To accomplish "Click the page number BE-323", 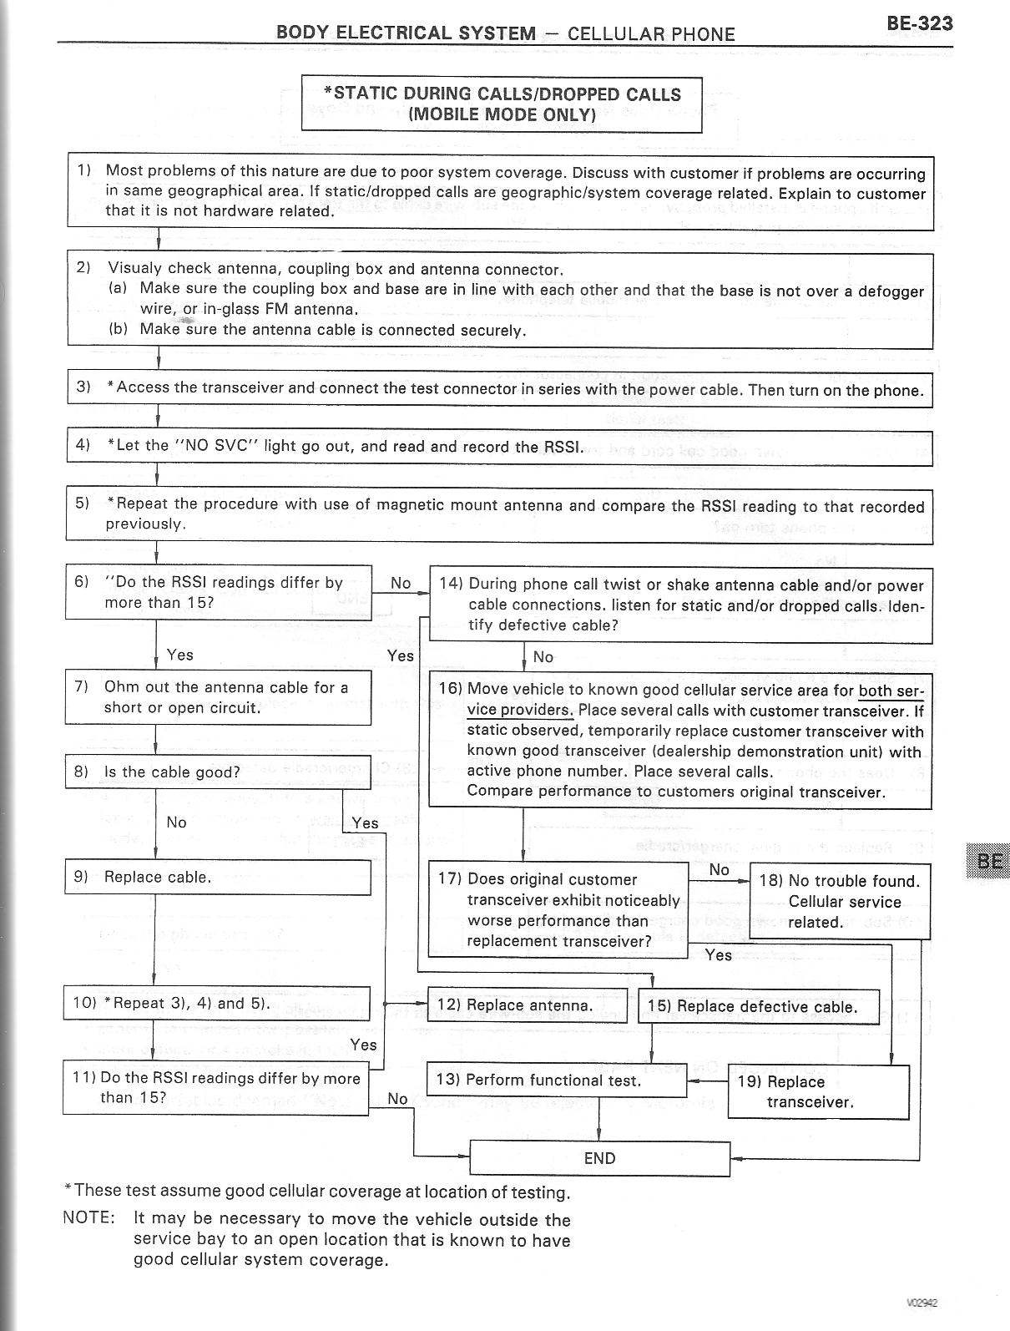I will tap(919, 23).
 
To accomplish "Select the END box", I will tap(599, 1158).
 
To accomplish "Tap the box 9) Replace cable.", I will tap(217, 878).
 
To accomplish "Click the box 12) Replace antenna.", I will tap(527, 1005).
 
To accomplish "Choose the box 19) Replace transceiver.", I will tap(817, 1091).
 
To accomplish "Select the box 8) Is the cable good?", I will tap(217, 772).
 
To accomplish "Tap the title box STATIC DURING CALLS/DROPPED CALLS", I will tap(502, 104).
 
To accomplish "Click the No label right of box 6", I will tap(401, 583).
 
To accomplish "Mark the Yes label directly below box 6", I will tap(179, 655).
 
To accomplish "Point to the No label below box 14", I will tap(543, 657).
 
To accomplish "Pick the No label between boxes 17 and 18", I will tap(719, 870).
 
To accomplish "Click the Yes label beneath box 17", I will tap(718, 954).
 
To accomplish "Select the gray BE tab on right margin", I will tap(988, 860).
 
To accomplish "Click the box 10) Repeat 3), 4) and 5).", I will tap(217, 1003).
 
